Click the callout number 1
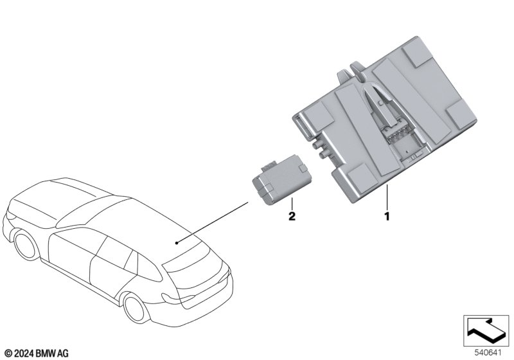click(x=387, y=217)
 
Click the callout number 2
click(x=292, y=216)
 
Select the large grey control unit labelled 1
click(x=384, y=120)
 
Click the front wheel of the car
click(x=26, y=245)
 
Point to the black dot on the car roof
click(x=177, y=243)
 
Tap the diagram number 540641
click(x=488, y=353)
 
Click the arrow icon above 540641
click(x=486, y=330)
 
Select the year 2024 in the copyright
click(x=24, y=354)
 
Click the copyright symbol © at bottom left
click(x=9, y=354)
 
